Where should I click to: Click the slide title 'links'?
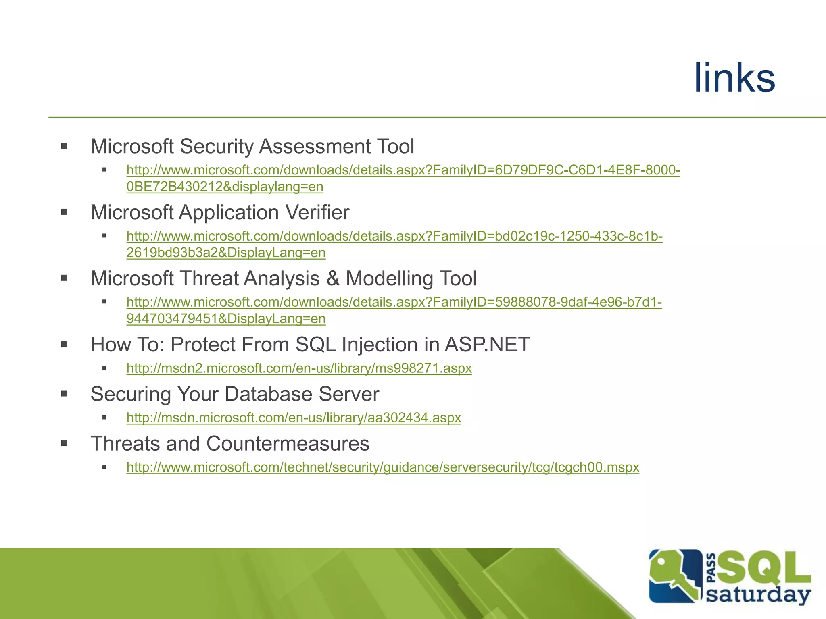click(734, 79)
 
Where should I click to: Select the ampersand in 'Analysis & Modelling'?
click(333, 278)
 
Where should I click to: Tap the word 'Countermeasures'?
click(288, 444)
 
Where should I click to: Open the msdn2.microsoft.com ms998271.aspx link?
click(299, 368)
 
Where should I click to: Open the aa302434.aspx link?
click(294, 418)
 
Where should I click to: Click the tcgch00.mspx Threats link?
click(383, 467)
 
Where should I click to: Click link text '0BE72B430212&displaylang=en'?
click(225, 187)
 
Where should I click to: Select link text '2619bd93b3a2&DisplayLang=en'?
click(226, 253)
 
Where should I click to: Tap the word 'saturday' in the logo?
click(758, 595)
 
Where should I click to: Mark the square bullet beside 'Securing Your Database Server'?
click(64, 394)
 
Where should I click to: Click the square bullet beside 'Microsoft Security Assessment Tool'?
click(64, 146)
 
